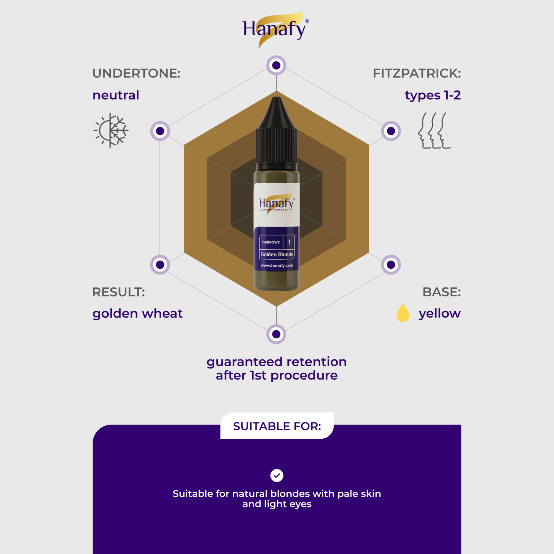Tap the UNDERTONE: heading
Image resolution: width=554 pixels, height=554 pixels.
pos(136,73)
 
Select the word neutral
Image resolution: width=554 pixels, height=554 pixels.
pos(116,95)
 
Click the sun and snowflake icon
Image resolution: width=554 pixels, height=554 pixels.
pos(111,130)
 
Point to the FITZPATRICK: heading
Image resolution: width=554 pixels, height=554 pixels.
pos(417,73)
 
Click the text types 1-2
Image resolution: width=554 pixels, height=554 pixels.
pos(433,96)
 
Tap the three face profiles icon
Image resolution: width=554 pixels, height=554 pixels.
pos(434,131)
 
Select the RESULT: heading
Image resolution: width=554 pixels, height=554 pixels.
pos(118,292)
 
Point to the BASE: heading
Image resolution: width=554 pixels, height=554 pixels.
pos(442,292)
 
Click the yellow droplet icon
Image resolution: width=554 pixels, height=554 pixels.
pos(403,313)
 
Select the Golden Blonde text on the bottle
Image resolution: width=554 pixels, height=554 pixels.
pos(277,254)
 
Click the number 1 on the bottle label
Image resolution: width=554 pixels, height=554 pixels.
pos(289,242)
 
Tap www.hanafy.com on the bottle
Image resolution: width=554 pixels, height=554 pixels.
pos(277,266)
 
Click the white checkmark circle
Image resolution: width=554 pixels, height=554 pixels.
pos(277,475)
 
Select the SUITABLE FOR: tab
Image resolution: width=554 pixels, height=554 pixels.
pos(277,426)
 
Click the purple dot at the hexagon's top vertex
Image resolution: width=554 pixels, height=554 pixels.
pos(276,65)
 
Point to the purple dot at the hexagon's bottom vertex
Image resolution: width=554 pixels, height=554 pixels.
pos(276,334)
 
